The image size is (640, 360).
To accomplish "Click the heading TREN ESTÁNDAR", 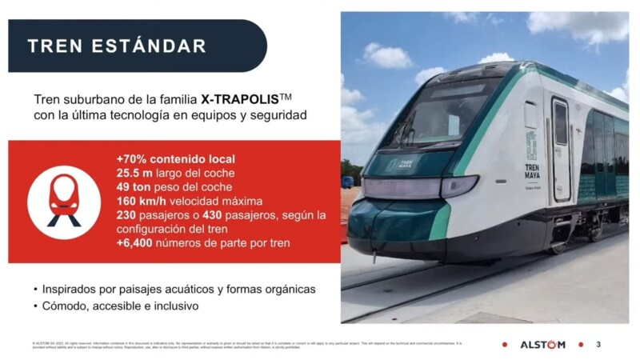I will pyautogui.click(x=117, y=46).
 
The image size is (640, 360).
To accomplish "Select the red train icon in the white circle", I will pyautogui.click(x=64, y=201).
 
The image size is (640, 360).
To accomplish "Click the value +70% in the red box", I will pyautogui.click(x=131, y=158).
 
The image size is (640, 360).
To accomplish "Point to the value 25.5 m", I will pyautogui.click(x=135, y=172).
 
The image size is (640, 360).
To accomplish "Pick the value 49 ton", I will pyautogui.click(x=135, y=186).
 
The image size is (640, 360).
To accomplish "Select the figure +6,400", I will pyautogui.click(x=138, y=242).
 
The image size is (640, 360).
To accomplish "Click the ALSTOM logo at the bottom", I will pyautogui.click(x=542, y=344).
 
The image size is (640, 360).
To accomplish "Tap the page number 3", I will pyautogui.click(x=598, y=344).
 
